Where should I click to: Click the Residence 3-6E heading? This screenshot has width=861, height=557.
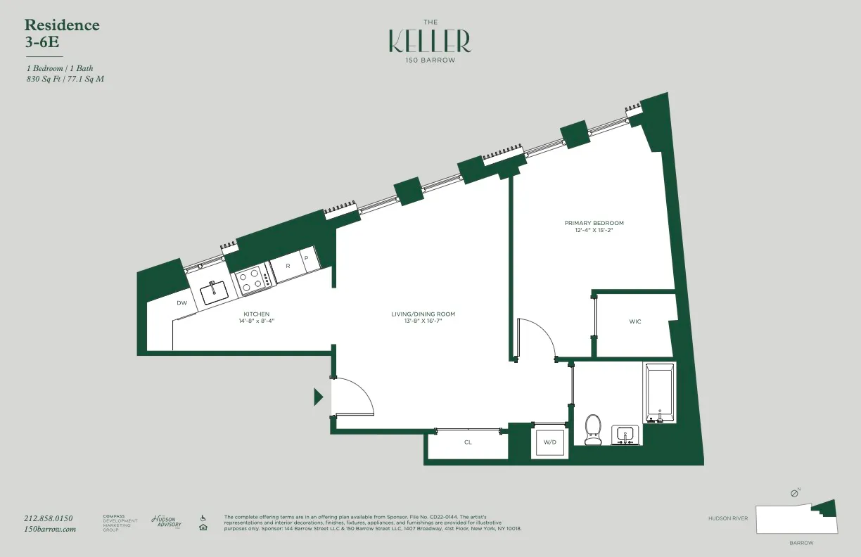coord(62,33)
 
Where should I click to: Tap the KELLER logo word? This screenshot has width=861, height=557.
coord(430,41)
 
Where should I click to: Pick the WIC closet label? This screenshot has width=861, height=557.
coord(634,321)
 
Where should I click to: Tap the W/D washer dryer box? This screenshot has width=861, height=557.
coord(549,442)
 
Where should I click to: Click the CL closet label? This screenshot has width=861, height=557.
coord(467,443)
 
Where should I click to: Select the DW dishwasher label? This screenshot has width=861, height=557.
coord(181,303)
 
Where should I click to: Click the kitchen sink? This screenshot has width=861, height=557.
coord(214,292)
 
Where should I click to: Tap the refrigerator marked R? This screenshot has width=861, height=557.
coord(288,267)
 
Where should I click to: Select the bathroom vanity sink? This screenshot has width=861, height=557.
coord(625,435)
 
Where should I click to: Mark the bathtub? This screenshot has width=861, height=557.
coord(658,392)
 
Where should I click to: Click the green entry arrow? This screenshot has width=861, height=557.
coord(318,397)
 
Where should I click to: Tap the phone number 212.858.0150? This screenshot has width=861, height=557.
coord(49,518)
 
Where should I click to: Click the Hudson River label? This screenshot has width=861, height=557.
coord(728,518)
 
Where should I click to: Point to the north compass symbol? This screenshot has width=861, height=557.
coord(795,494)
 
